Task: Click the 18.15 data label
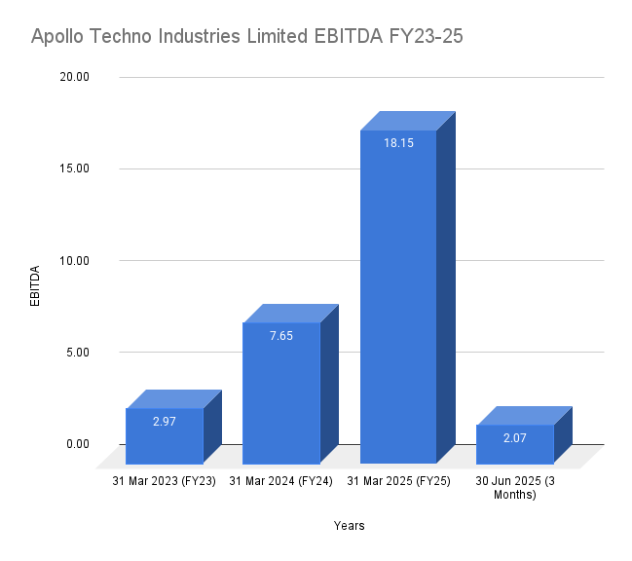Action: click(397, 142)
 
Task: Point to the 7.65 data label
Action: click(280, 335)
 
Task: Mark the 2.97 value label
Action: click(164, 421)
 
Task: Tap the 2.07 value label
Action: click(514, 437)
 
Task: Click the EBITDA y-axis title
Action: click(35, 284)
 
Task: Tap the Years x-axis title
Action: click(349, 526)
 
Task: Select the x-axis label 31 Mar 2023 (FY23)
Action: click(164, 481)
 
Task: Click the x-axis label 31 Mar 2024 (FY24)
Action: click(280, 481)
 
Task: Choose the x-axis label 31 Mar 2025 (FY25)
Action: click(397, 481)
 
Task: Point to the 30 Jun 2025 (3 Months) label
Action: click(514, 487)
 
